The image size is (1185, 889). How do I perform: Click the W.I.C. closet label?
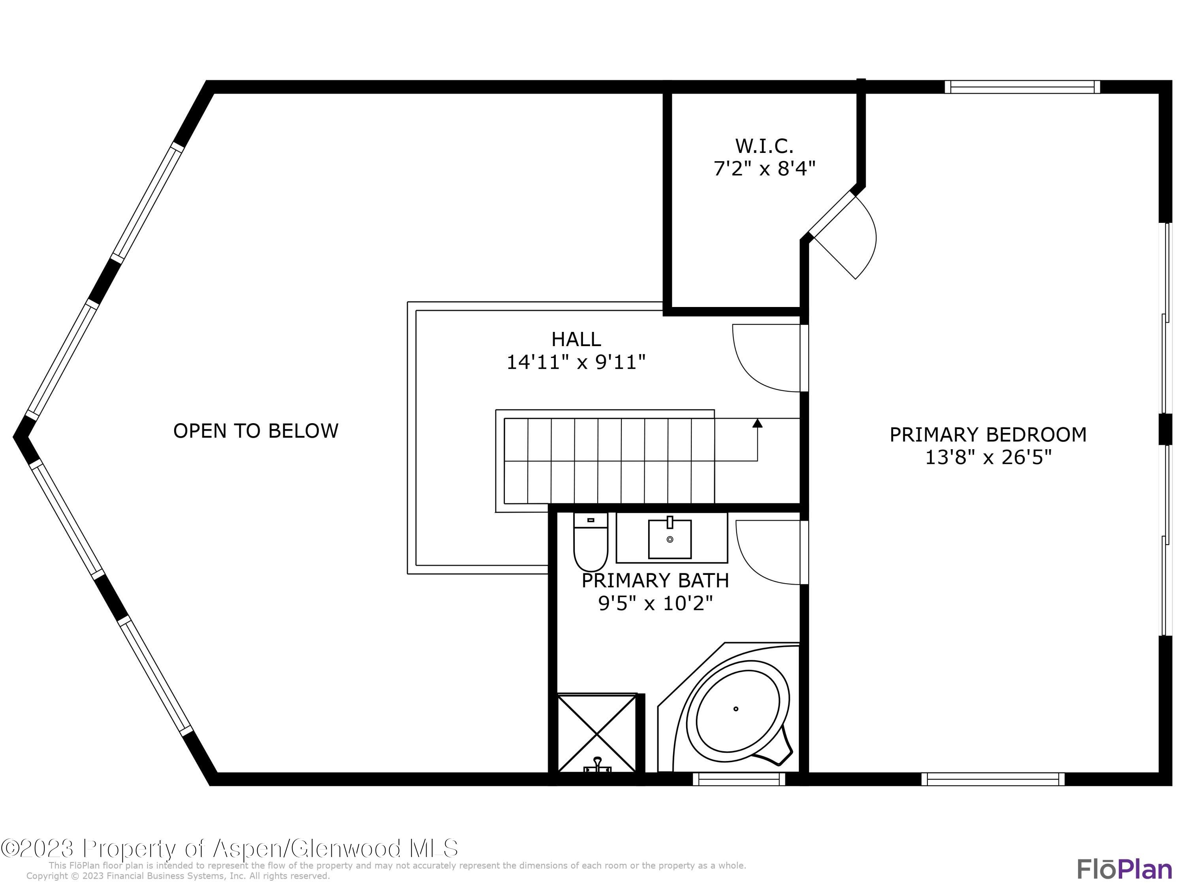(764, 146)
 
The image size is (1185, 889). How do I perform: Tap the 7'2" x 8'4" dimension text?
(764, 169)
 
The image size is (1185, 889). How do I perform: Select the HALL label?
(576, 339)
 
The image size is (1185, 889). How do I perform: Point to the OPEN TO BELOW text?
(256, 431)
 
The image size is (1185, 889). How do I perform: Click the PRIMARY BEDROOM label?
(988, 435)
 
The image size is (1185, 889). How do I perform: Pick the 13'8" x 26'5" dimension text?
(988, 458)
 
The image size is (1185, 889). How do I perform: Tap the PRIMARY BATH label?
(655, 580)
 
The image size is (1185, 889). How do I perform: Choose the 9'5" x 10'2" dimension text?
(655, 604)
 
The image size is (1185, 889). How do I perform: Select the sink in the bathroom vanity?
(670, 538)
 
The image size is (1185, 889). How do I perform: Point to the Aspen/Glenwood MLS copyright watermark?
(229, 848)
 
